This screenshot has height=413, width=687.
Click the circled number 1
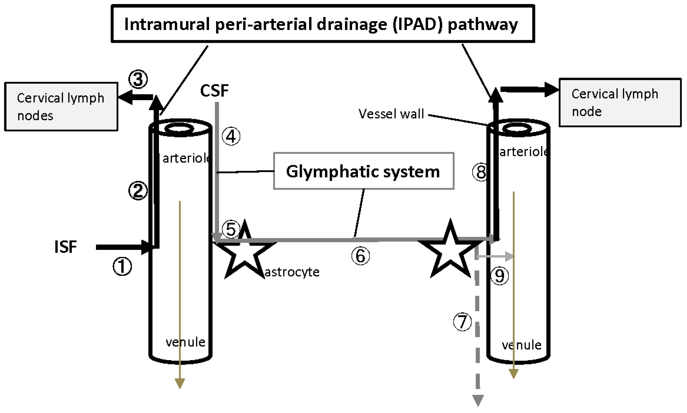pos(122,266)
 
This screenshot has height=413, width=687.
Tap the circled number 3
pos(138,79)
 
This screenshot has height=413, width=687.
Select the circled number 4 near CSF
pos(231,136)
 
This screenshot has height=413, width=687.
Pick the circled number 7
pos(462,322)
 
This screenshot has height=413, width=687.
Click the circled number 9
pos(499,275)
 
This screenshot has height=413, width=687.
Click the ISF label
pos(66,246)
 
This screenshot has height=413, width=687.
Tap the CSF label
pos(214,90)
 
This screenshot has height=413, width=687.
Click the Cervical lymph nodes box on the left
pos(61,106)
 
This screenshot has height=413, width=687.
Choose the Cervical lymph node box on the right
pos(620,102)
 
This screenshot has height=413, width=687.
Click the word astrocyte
pos(292,272)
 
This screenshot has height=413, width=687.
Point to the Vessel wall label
pos(391,114)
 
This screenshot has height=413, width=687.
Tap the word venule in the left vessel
pos(185,342)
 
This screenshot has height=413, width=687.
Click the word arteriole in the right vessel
pos(524,152)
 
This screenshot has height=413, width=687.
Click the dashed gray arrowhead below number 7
pos(478,400)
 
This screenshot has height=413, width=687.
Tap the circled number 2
pos(138,191)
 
